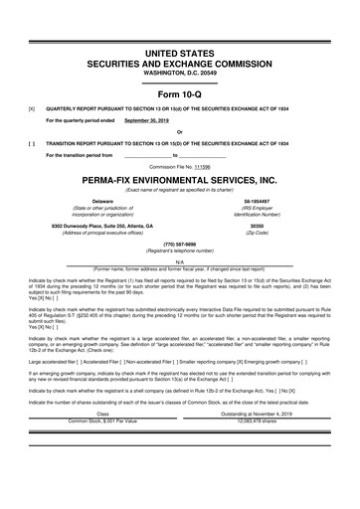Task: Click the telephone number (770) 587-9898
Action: click(x=179, y=244)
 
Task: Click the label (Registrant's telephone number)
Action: click(x=179, y=251)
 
